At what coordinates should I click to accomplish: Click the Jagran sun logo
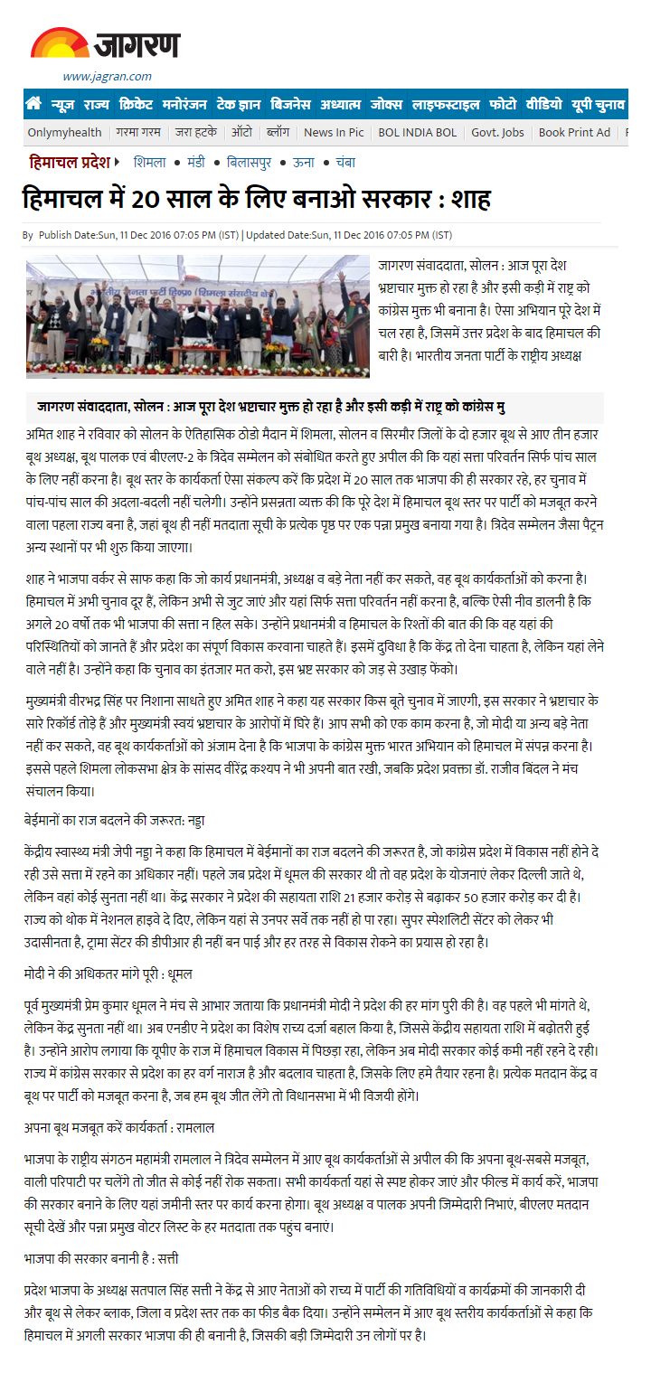[60, 43]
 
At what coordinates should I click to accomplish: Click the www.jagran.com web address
[107, 76]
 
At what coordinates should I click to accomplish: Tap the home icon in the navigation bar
[33, 104]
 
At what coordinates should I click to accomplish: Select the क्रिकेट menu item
[136, 104]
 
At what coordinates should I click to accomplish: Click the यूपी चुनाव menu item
[598, 104]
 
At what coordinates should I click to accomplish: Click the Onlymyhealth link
[64, 132]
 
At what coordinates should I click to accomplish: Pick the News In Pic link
[334, 132]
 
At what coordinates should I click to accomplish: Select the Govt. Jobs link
[497, 132]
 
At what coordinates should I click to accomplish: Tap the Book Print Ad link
[574, 132]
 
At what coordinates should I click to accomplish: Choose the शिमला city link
[149, 163]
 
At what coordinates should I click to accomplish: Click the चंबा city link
[344, 163]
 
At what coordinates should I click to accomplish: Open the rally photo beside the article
[198, 316]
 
